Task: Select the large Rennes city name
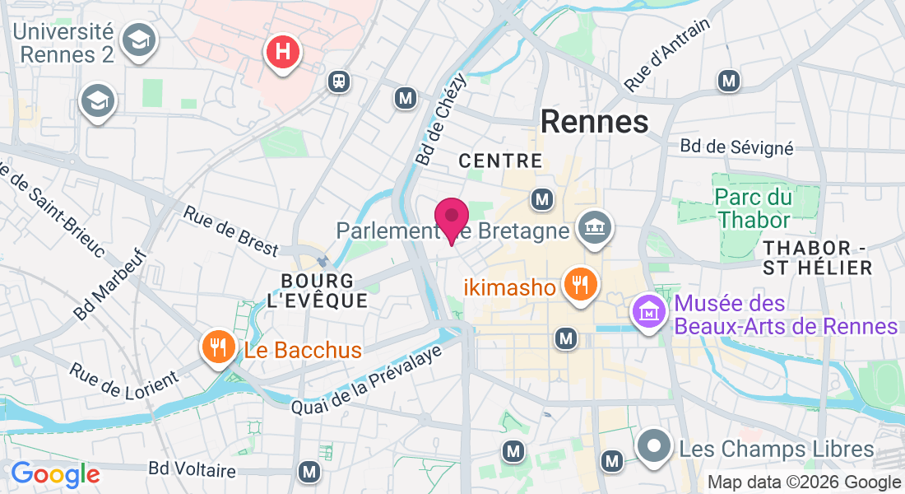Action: point(595,122)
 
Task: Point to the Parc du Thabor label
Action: point(754,208)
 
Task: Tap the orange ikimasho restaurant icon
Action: point(581,286)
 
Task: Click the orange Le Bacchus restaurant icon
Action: point(218,347)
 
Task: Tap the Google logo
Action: point(55,473)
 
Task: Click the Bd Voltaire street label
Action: point(192,470)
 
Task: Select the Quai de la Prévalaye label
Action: point(368,380)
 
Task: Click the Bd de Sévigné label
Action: point(736,147)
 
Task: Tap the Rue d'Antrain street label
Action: point(666,55)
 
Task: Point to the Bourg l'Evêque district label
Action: point(318,290)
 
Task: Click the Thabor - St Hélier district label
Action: point(816,258)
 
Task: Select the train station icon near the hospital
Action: point(337,81)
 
